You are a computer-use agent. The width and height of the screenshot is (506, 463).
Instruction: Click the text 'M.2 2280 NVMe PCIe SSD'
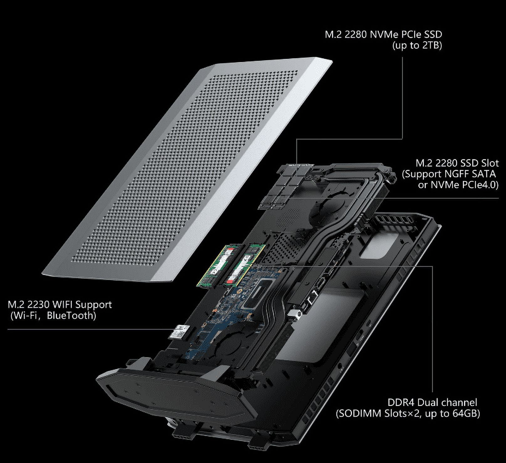383,34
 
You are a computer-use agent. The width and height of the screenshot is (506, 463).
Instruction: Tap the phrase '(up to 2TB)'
417,46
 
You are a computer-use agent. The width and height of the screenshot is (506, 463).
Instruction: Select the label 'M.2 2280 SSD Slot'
457,163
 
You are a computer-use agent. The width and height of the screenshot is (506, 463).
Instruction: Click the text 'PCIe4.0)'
480,185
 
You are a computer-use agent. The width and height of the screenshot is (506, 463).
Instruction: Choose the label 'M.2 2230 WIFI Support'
59,304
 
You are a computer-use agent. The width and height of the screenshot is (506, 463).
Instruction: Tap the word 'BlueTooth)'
71,315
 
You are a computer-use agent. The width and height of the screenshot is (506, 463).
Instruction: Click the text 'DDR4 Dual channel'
432,403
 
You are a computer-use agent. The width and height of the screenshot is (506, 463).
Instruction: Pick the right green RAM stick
245,265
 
